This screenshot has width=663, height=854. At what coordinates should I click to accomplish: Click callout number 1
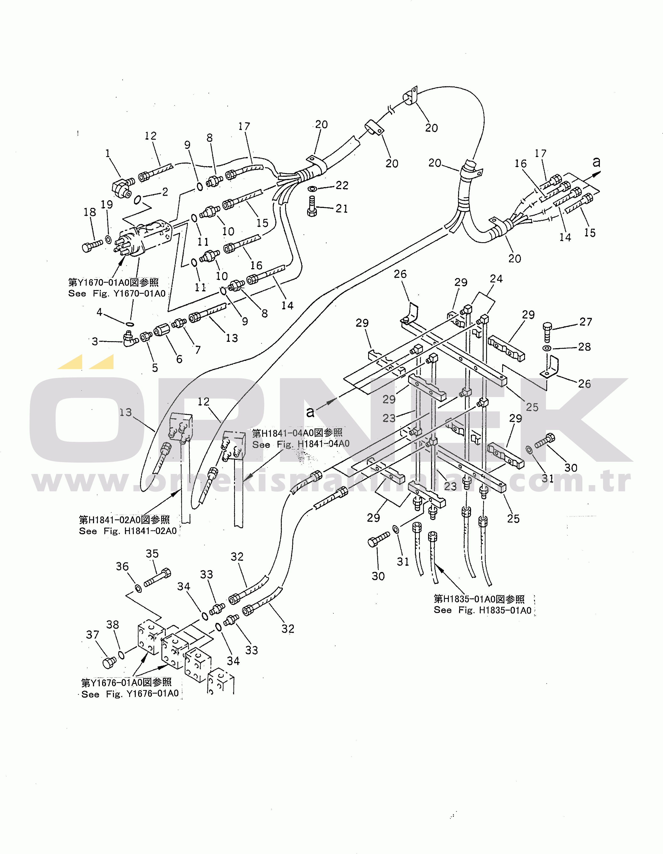[108, 153]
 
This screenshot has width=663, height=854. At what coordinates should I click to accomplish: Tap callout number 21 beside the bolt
[342, 209]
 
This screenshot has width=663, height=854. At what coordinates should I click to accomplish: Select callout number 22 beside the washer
[342, 185]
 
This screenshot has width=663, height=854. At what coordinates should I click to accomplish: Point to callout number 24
[496, 279]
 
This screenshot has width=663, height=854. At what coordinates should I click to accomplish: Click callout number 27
[586, 322]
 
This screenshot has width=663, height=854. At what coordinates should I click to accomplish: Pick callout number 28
[584, 347]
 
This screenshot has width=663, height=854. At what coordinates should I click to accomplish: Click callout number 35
[152, 554]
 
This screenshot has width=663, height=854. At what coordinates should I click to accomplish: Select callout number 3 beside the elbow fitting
[95, 341]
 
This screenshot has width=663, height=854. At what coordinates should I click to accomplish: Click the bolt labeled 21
[312, 206]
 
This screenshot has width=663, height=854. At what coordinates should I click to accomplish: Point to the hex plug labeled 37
[109, 662]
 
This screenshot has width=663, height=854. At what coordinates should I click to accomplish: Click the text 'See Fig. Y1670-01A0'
[117, 294]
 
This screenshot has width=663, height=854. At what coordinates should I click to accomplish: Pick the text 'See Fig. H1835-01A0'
[482, 610]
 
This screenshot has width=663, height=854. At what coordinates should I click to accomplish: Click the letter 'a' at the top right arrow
[596, 162]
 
